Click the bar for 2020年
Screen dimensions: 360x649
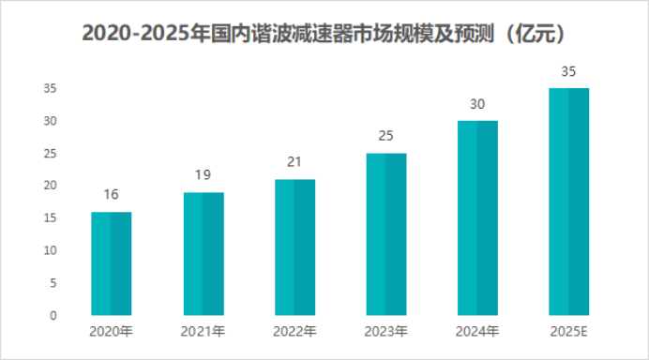click(x=111, y=263)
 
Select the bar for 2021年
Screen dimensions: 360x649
click(x=203, y=253)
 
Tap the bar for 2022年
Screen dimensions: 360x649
click(x=294, y=247)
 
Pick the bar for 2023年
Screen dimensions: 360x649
click(x=385, y=233)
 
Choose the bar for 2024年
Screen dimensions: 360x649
click(x=477, y=217)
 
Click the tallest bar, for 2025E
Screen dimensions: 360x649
click(x=568, y=202)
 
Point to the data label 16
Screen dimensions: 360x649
click(x=111, y=194)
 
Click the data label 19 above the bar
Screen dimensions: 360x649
click(x=203, y=174)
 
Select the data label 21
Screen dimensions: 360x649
click(x=294, y=161)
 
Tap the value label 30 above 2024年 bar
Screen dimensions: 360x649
click(x=477, y=103)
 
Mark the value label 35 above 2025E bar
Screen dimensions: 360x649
click(x=568, y=71)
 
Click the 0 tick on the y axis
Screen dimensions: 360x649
click(x=53, y=316)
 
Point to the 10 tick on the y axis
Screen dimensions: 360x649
click(x=50, y=250)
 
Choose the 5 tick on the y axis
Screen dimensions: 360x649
click(x=53, y=283)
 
